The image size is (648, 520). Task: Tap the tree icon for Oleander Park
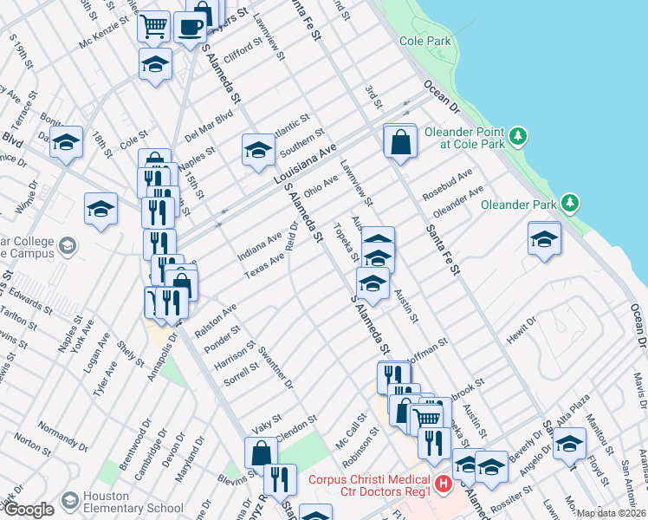(569, 204)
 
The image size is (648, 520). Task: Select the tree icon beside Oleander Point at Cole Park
(518, 135)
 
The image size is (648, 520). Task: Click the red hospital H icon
(444, 484)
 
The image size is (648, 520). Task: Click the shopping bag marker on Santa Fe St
(400, 140)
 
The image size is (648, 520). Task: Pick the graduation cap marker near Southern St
(258, 151)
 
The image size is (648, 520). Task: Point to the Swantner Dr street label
(275, 367)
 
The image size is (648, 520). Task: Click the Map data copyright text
(611, 513)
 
